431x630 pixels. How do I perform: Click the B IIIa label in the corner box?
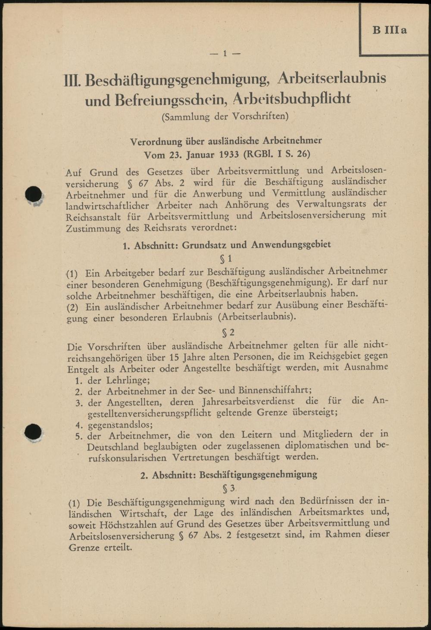390,30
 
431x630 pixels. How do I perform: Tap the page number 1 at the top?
225,53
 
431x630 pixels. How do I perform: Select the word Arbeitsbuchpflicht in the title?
292,99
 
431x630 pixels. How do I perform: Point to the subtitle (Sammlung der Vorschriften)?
225,116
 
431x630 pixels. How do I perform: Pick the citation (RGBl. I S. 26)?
277,154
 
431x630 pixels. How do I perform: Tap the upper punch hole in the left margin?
34,195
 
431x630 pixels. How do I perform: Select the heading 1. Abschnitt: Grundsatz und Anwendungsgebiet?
227,245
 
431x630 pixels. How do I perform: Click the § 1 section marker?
226,259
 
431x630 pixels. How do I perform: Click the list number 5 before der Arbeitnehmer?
78,436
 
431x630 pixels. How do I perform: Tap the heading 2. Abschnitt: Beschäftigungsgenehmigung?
229,474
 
